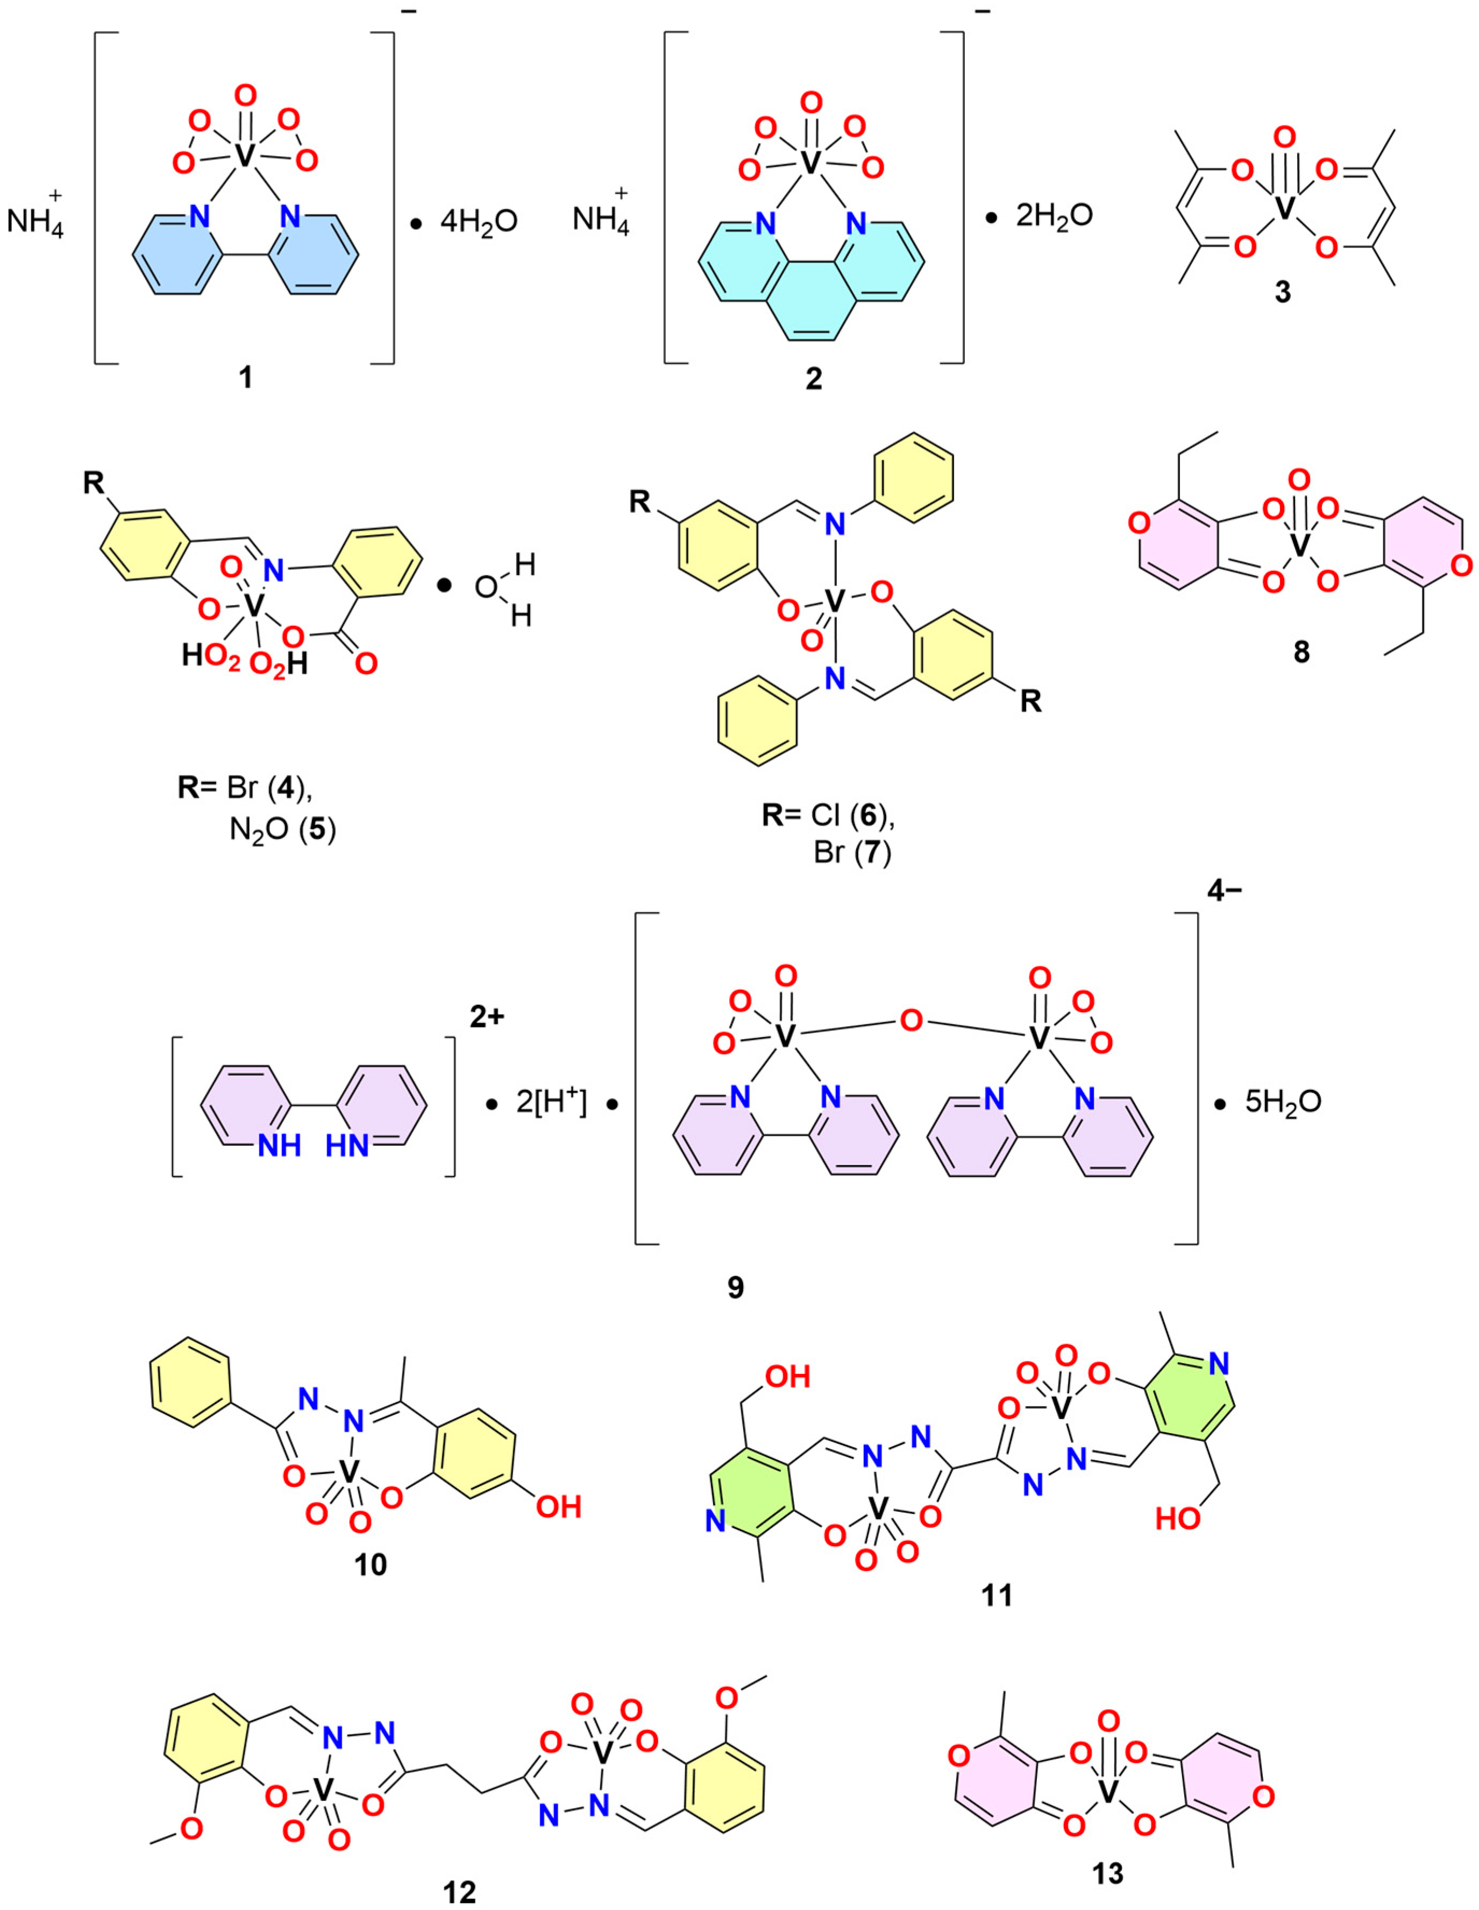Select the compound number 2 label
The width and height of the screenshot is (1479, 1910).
coord(814,379)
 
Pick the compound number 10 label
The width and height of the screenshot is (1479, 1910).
coord(371,1564)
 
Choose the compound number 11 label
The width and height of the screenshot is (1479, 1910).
coord(997,1594)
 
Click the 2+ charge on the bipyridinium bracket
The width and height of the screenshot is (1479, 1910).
coord(487,1018)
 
